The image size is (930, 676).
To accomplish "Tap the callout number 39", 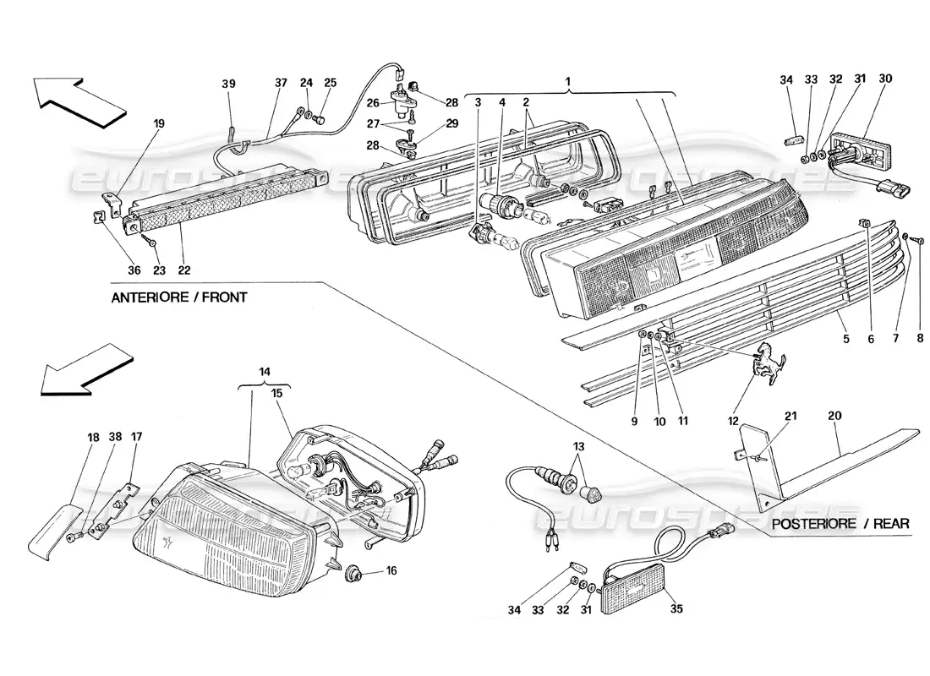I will (x=229, y=84).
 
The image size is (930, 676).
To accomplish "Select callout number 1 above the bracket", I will (x=569, y=83).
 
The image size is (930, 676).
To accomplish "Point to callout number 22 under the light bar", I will (x=184, y=270).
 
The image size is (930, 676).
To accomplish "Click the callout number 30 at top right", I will (x=886, y=79).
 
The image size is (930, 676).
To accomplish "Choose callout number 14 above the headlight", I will (x=265, y=371).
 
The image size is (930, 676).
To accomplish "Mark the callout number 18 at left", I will (x=93, y=437).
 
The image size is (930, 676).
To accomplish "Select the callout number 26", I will (x=372, y=104).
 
